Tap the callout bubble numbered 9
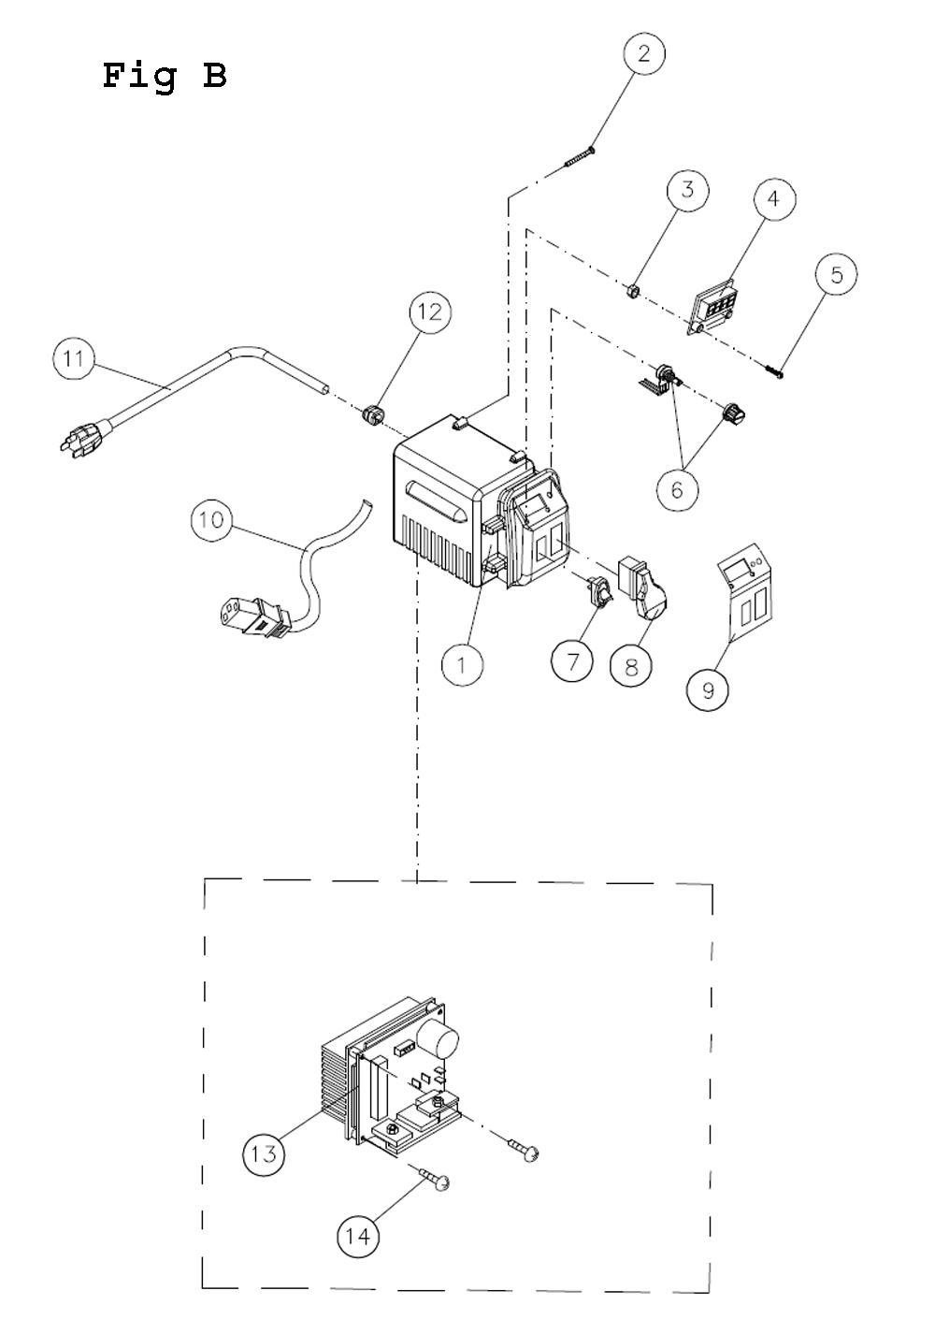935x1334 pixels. pyautogui.click(x=707, y=689)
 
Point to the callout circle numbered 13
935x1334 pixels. pyautogui.click(x=265, y=1153)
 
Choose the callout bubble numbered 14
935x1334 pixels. pyautogui.click(x=358, y=1236)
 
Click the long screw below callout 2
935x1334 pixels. pyautogui.click(x=581, y=155)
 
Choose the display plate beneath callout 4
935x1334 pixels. pyautogui.click(x=713, y=306)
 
